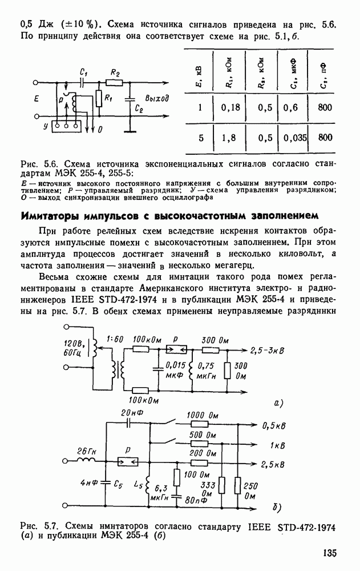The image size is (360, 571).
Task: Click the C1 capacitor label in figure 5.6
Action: tap(84, 73)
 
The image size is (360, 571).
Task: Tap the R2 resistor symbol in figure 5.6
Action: tap(115, 82)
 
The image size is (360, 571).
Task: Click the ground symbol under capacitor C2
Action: tap(132, 130)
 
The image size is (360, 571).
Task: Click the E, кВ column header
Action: tap(197, 70)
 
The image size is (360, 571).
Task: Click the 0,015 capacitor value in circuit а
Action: tap(174, 365)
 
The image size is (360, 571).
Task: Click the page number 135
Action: tap(329, 553)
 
